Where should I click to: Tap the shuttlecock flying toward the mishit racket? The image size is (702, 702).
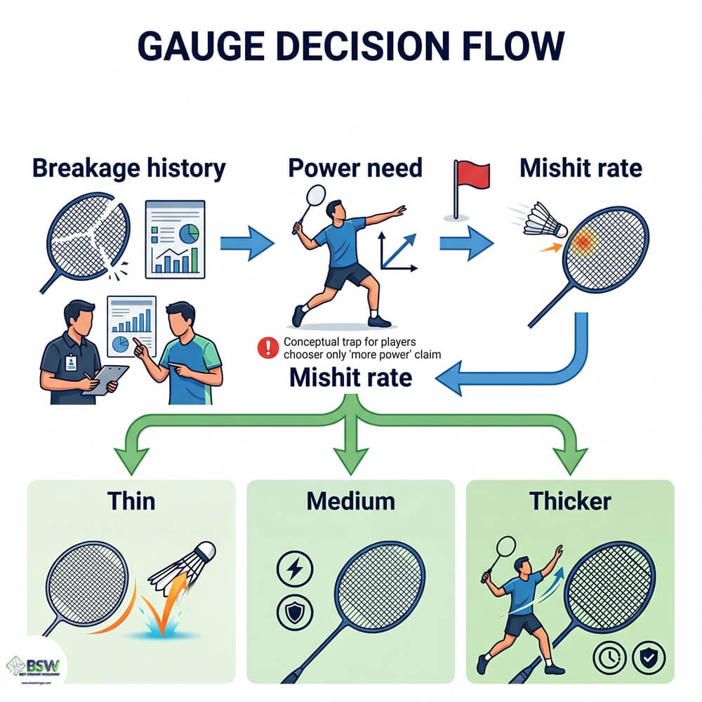coord(545,220)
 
